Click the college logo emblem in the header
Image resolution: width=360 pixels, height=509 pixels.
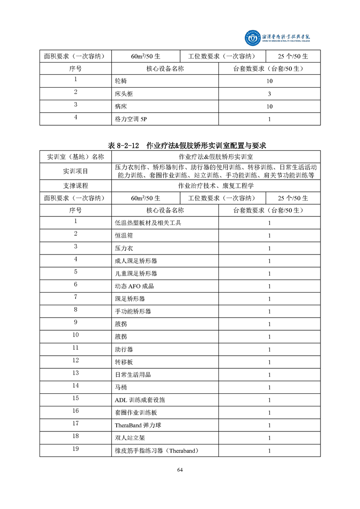(251, 39)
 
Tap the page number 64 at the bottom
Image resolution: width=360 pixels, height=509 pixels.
(180, 470)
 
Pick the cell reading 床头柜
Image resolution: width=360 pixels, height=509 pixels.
(124, 94)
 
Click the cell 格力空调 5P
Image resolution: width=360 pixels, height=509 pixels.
(131, 119)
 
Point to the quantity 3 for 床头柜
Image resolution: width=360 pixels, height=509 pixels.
(269, 94)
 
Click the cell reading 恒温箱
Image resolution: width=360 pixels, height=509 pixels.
(124, 236)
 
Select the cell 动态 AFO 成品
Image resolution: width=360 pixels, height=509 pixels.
(135, 286)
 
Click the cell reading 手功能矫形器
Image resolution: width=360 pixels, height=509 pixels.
(133, 312)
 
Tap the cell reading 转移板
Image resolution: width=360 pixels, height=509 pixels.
(124, 362)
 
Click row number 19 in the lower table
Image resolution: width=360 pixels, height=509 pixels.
(75, 449)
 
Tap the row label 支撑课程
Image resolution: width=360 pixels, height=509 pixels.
(75, 186)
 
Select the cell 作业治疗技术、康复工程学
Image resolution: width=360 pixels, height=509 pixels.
(216, 186)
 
